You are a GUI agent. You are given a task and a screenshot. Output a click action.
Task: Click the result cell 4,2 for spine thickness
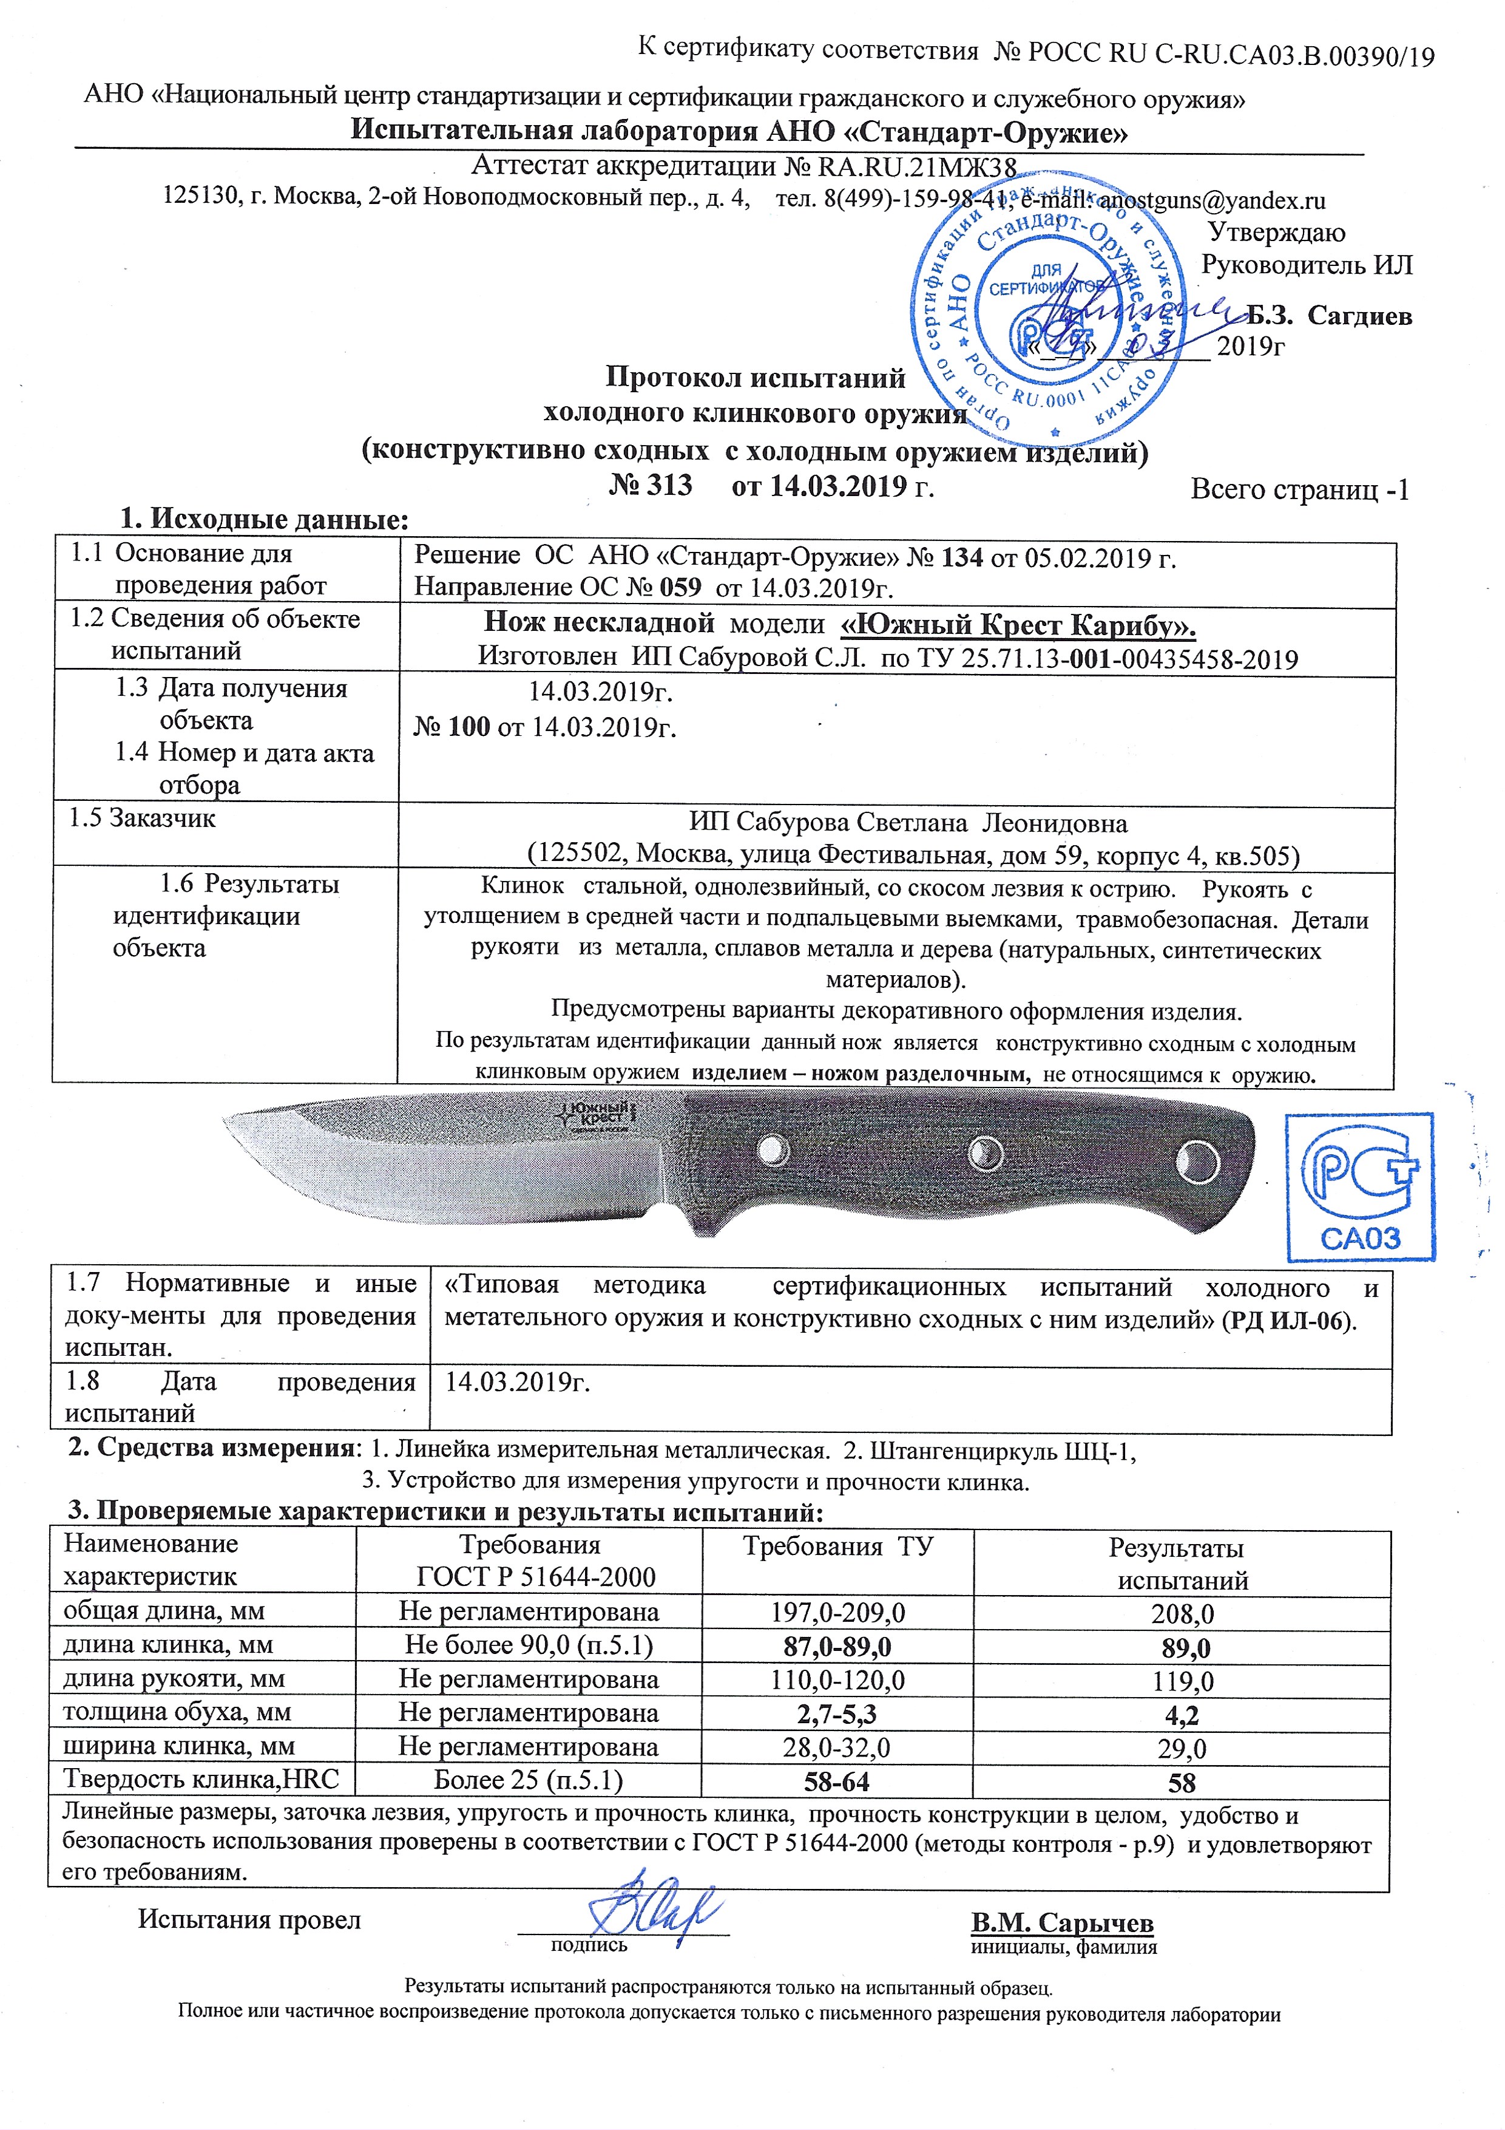tap(1182, 1715)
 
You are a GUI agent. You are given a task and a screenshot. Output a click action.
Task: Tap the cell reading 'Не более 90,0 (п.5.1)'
tap(529, 1645)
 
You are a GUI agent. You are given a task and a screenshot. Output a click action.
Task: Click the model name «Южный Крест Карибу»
tap(1017, 625)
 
